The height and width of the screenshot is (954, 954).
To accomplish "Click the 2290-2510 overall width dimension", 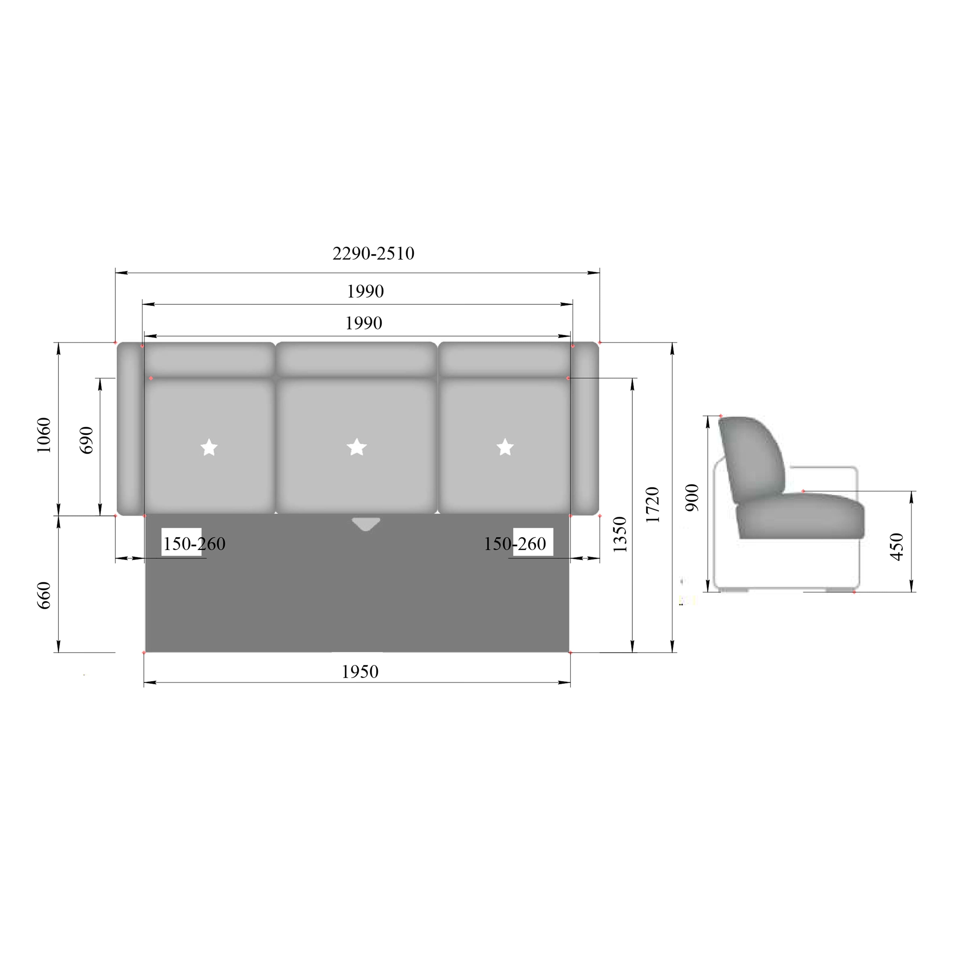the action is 373,253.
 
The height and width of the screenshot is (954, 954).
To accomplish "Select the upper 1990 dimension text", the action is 365,291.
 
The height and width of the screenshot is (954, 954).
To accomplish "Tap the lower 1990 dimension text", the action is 364,323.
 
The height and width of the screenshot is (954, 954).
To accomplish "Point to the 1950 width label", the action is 360,672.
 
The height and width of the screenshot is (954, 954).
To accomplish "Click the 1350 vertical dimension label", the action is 619,534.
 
